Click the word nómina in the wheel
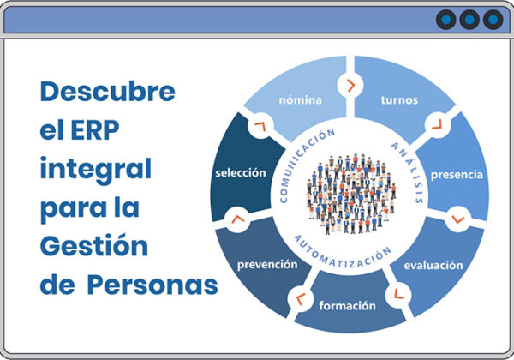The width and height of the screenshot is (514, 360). click(x=301, y=100)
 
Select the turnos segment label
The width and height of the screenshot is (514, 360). click(x=399, y=100)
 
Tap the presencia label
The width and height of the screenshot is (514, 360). click(x=457, y=175)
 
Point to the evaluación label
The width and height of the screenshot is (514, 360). click(x=433, y=265)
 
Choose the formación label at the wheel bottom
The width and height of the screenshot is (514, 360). click(x=348, y=306)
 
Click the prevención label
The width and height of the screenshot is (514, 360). click(x=267, y=265)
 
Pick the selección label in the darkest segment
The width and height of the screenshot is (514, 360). click(x=241, y=173)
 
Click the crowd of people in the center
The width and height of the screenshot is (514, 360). click(x=351, y=194)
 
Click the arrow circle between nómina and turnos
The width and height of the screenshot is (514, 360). click(x=350, y=86)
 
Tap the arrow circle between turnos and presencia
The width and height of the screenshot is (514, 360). click(x=438, y=125)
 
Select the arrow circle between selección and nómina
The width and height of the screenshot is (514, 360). click(x=260, y=126)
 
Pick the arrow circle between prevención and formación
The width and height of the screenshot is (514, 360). click(x=301, y=298)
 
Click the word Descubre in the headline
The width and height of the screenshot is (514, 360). click(x=108, y=92)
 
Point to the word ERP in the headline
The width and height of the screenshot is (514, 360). click(x=95, y=130)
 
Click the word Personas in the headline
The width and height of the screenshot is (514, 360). click(x=152, y=285)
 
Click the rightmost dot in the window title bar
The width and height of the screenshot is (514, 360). click(x=493, y=20)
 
